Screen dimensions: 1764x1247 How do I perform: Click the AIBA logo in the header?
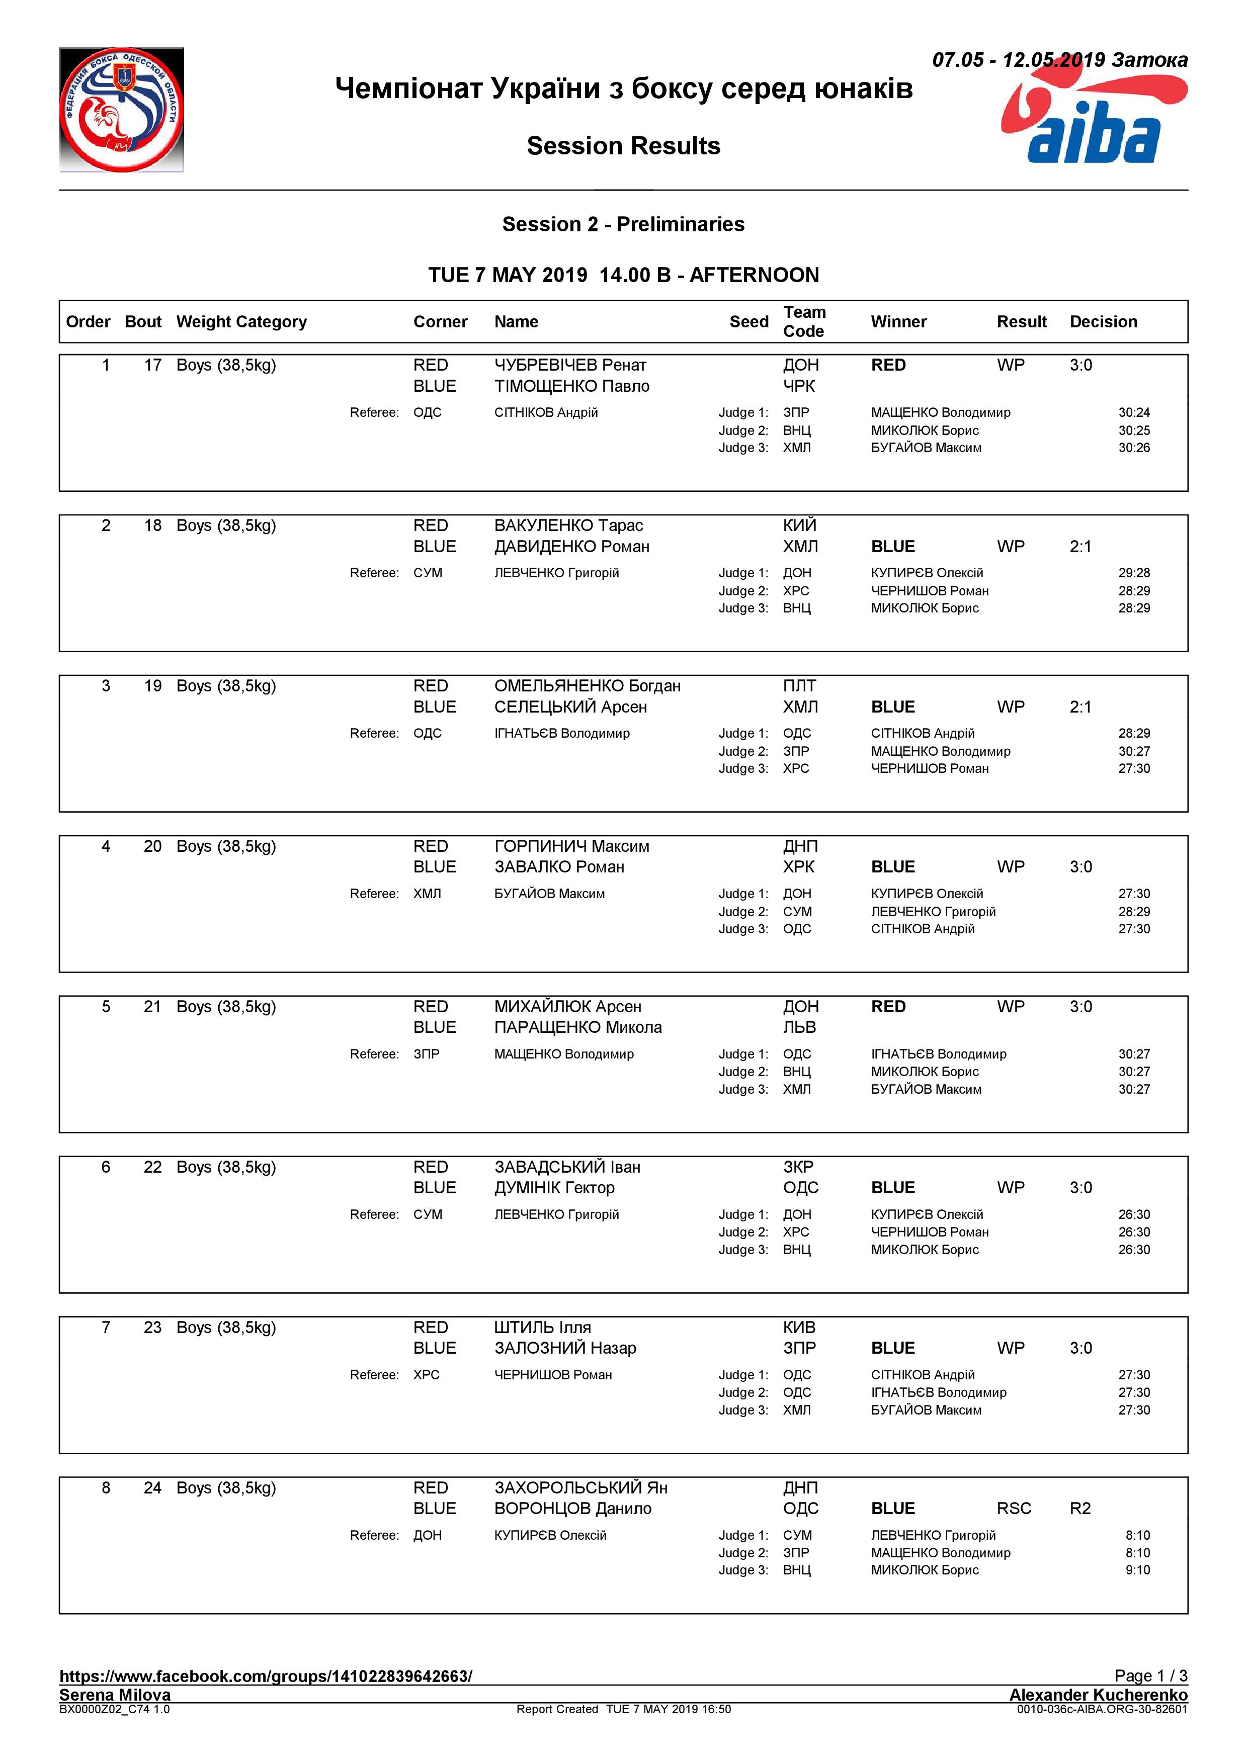[x=1094, y=112]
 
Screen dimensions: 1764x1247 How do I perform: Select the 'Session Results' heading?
[x=623, y=146]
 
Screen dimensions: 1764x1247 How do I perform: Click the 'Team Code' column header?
[x=804, y=321]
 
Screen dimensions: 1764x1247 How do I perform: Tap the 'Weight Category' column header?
[x=241, y=322]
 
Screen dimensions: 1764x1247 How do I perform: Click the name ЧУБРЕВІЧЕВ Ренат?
[x=570, y=365]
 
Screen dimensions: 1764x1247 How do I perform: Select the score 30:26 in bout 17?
[x=1133, y=448]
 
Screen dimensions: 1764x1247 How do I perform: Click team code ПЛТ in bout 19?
[x=799, y=685]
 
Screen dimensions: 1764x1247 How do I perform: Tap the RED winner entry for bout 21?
[x=888, y=1007]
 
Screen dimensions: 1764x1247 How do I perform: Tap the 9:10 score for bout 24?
[x=1137, y=1569]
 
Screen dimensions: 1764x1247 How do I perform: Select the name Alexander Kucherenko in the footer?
[x=1098, y=1695]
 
